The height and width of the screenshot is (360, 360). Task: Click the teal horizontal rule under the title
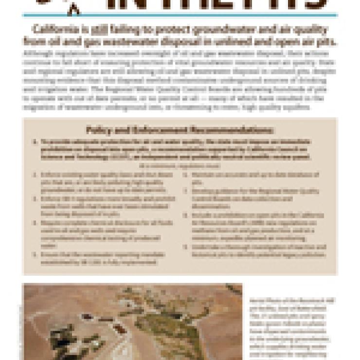[180, 15]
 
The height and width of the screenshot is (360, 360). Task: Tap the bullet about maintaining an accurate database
[253, 178]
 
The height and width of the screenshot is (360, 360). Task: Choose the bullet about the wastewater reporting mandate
[105, 258]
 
